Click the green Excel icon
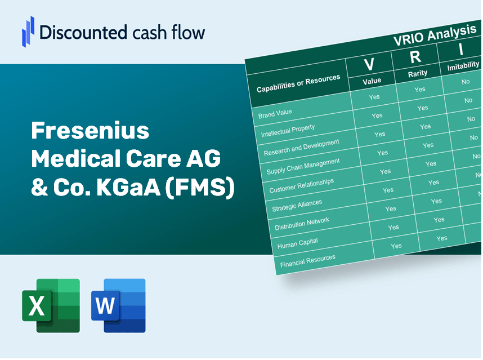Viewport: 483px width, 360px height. click(x=51, y=305)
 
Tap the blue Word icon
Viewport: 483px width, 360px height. click(x=118, y=305)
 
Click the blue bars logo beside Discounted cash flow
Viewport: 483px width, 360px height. click(x=28, y=32)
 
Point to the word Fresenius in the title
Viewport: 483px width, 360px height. click(x=90, y=131)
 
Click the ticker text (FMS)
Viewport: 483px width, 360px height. click(x=200, y=187)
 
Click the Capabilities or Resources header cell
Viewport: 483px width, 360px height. click(x=298, y=83)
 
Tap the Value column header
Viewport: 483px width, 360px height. click(x=372, y=81)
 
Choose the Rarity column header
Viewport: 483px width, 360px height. click(x=418, y=74)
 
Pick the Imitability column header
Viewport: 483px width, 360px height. click(x=463, y=66)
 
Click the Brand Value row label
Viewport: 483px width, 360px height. click(x=275, y=114)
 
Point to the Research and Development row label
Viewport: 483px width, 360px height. click(x=301, y=148)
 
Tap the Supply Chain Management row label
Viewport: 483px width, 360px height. click(x=303, y=166)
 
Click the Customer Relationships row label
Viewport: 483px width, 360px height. click(x=302, y=186)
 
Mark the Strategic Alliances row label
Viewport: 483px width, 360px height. click(x=297, y=206)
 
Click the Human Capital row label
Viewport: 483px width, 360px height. click(x=298, y=243)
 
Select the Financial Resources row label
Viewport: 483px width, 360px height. click(x=308, y=261)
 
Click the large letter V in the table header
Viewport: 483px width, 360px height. click(x=369, y=64)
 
